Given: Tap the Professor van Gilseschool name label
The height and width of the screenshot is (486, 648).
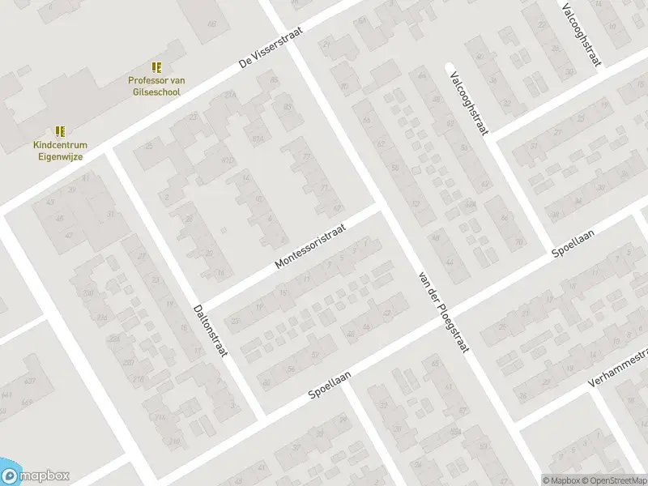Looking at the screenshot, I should pos(154,86).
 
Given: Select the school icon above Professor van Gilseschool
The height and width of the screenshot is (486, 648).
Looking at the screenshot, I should pos(156,67).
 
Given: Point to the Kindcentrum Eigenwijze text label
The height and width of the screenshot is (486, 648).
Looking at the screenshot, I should pos(60,150).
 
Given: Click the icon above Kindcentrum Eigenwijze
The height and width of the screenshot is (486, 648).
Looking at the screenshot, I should pos(60,130).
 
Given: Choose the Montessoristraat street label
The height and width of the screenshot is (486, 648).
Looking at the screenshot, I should pos(310,247).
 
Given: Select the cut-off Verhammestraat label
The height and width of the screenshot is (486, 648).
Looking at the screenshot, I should pos(620,368).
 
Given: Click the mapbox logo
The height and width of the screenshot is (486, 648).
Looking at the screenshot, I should pos(35,476).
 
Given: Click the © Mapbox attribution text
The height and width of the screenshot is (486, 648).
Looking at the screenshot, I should pos(560,480).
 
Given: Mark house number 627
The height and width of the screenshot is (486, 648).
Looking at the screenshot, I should pos(30,382).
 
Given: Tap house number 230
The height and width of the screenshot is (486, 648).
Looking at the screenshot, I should pos(88,293).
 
